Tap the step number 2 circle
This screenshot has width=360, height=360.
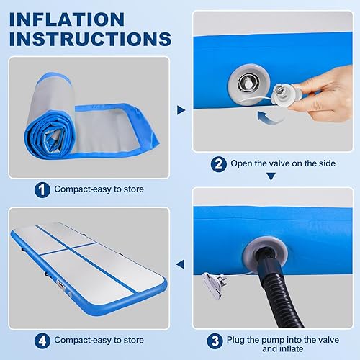218,163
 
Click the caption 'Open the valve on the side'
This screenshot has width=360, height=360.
283,163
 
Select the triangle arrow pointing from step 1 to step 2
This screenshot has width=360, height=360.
181,110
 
